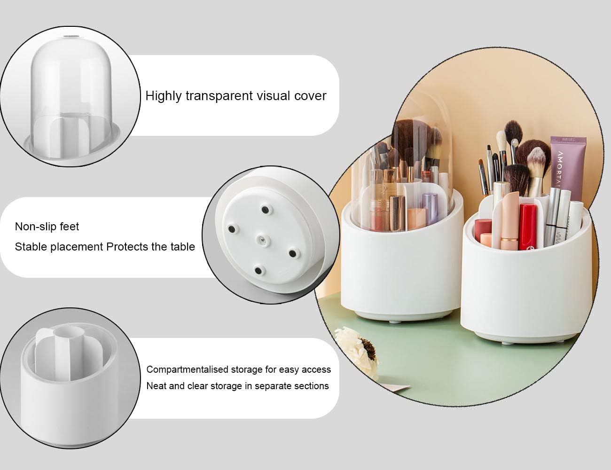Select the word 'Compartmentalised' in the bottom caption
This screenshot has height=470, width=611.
(x=187, y=369)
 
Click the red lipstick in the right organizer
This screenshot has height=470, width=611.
(x=527, y=226)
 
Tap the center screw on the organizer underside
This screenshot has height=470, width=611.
(x=261, y=240)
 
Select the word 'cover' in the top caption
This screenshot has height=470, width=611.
(x=310, y=96)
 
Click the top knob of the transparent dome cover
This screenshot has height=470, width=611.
(x=71, y=35)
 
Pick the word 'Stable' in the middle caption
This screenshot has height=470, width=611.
(x=31, y=247)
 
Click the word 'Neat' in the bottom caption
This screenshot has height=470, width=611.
(x=156, y=386)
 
